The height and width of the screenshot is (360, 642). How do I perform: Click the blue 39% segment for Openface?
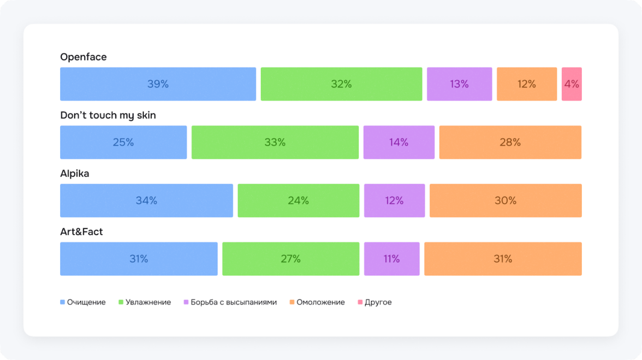[x=158, y=84]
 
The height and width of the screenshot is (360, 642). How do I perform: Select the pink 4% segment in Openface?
[x=572, y=84]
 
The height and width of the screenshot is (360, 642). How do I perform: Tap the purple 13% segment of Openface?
[x=459, y=84]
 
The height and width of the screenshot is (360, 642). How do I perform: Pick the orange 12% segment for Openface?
[x=527, y=84]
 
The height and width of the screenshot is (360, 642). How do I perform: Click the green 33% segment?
[x=275, y=143]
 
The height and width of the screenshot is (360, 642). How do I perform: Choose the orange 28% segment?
[x=510, y=143]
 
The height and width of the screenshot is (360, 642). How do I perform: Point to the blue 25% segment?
[x=123, y=143]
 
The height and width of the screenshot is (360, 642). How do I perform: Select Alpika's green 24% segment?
[x=299, y=200]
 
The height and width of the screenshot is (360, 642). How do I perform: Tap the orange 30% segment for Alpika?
[x=506, y=200]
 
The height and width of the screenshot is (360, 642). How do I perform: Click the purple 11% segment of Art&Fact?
[x=391, y=259]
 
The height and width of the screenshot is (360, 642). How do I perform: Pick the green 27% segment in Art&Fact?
[x=290, y=259]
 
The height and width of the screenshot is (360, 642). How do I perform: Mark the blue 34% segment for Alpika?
[x=146, y=200]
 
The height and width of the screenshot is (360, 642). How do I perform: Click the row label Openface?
[x=84, y=57]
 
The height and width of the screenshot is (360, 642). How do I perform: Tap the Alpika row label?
[x=75, y=174]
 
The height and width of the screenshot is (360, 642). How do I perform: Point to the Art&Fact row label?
[x=81, y=232]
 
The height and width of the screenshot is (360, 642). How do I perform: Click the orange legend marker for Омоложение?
[x=292, y=302]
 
